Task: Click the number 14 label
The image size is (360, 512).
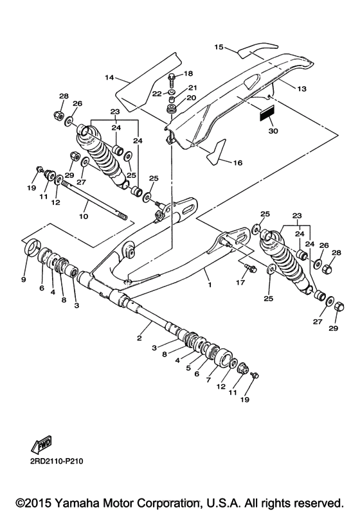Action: pyautogui.click(x=109, y=77)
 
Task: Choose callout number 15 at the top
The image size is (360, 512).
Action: pyautogui.click(x=219, y=47)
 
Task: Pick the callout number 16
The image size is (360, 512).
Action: pyautogui.click(x=237, y=163)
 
